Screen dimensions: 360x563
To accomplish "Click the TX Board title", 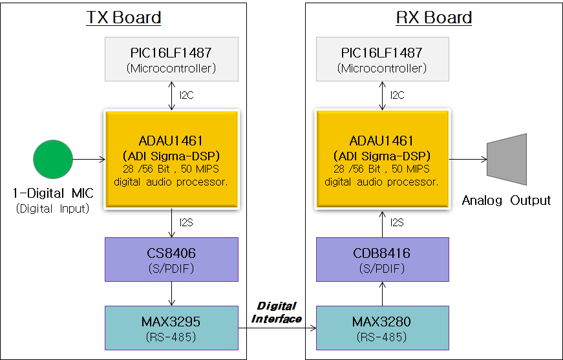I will coord(123,17).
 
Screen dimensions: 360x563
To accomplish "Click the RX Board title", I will coord(434,17).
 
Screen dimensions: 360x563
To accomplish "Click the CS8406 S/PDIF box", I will coord(171,259).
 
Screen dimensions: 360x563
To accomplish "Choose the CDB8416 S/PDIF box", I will coord(383,259).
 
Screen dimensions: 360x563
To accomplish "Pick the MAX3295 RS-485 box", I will coord(171,327).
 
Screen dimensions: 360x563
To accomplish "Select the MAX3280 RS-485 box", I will coord(383,327).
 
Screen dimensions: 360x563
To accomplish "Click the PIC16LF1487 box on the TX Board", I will coord(171,59).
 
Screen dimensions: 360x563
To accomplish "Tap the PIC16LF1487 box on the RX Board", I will coord(383,59).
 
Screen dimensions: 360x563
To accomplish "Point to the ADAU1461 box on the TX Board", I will coord(171,159).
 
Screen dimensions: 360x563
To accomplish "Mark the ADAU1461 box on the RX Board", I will coord(383,159).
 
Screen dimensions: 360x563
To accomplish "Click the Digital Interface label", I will coord(277,312).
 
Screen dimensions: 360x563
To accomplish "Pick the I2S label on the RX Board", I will coord(396,222).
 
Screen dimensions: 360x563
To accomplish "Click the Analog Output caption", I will coord(506,200).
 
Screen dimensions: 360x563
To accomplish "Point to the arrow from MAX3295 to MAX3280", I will coord(277,328).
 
